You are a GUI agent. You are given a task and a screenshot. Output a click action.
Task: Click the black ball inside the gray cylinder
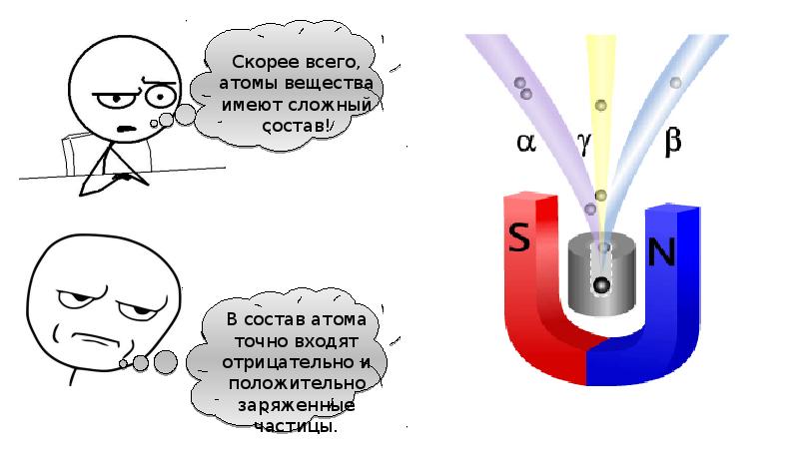click(x=601, y=286)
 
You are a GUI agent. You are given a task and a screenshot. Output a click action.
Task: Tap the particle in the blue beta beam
click(x=676, y=82)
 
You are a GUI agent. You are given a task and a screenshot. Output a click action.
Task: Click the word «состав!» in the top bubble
click(x=300, y=127)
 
